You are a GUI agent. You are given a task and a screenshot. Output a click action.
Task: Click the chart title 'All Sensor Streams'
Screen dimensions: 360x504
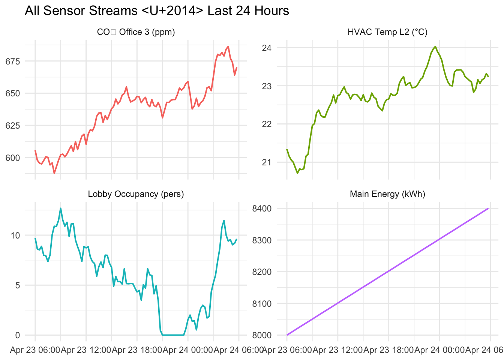click(x=157, y=11)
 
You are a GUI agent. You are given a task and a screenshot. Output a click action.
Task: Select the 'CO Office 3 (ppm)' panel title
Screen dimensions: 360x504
click(x=136, y=32)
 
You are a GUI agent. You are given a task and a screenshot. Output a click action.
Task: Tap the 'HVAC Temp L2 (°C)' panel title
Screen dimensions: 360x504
click(x=387, y=32)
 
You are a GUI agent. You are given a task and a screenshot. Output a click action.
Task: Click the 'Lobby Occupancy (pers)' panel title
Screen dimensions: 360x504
click(x=136, y=194)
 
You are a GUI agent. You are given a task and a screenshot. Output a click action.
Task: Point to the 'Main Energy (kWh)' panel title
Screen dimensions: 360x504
click(x=387, y=194)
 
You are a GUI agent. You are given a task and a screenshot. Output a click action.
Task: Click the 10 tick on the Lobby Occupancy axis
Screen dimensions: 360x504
click(x=15, y=235)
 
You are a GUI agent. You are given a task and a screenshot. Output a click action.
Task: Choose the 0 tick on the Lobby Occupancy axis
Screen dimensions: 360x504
click(x=17, y=335)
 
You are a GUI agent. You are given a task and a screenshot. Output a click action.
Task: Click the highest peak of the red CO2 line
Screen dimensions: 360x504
click(x=228, y=46)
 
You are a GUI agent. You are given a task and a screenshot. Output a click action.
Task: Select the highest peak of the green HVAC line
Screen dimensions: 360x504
click(x=435, y=46)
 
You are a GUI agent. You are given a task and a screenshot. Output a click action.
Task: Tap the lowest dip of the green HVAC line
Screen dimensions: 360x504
click(x=297, y=173)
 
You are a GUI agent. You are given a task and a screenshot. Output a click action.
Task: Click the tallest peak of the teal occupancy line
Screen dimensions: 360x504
click(x=60, y=208)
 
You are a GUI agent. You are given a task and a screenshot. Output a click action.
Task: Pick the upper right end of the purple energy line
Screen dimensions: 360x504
click(x=488, y=208)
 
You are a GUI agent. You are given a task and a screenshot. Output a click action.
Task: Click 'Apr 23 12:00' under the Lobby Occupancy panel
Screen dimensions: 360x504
click(x=86, y=351)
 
